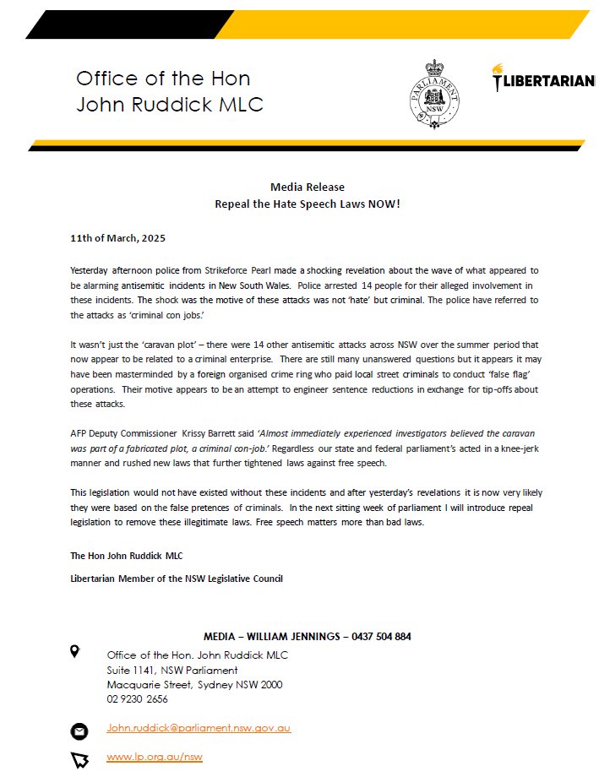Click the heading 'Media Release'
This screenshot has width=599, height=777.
tap(307, 187)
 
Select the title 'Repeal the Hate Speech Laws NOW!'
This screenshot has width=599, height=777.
tap(307, 204)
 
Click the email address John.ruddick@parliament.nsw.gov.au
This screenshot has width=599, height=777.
tap(199, 728)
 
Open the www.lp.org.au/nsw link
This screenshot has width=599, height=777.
tap(155, 757)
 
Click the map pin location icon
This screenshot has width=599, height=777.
tap(75, 651)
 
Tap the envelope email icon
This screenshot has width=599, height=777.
tap(79, 731)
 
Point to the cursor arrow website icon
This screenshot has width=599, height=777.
tap(79, 759)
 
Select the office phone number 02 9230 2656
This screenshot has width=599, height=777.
tap(137, 698)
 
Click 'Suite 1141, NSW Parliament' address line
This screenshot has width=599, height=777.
tap(172, 671)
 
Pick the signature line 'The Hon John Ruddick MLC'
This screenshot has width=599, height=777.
tap(126, 556)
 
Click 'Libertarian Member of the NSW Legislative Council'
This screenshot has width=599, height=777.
tap(177, 579)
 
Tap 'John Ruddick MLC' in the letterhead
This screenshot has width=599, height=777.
tap(170, 105)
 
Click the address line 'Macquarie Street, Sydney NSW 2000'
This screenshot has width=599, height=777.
tap(194, 685)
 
